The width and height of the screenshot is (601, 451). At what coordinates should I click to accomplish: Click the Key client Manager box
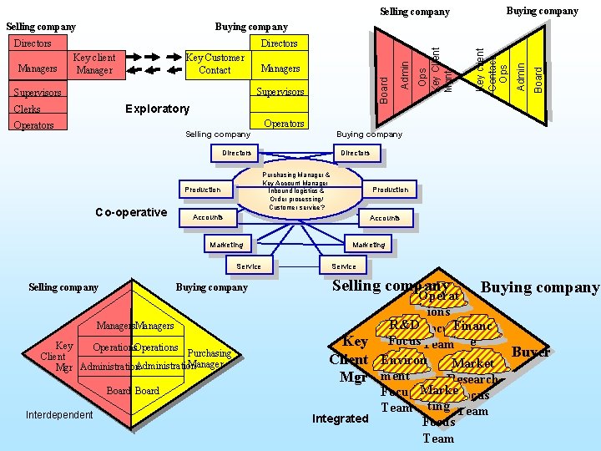93,64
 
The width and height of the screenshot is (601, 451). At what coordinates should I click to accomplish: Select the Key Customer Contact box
215,64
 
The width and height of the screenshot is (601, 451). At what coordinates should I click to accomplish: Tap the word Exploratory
157,109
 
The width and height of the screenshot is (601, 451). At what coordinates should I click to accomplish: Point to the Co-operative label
130,212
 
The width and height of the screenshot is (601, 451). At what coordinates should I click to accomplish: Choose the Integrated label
340,418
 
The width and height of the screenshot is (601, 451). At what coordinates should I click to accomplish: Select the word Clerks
27,109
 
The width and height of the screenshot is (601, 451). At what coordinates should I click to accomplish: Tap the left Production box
203,190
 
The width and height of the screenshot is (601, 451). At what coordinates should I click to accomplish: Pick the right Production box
390,190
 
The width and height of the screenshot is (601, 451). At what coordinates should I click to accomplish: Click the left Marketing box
226,245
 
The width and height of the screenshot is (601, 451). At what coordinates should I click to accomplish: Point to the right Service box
343,266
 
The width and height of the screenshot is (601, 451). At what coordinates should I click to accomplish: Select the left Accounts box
208,217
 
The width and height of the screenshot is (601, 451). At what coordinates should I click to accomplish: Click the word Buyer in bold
530,352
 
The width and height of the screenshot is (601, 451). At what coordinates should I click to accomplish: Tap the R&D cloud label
404,324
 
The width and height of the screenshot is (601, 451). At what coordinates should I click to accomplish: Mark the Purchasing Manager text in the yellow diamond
204,359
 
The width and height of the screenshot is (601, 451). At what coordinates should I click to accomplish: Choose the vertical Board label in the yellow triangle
538,79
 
